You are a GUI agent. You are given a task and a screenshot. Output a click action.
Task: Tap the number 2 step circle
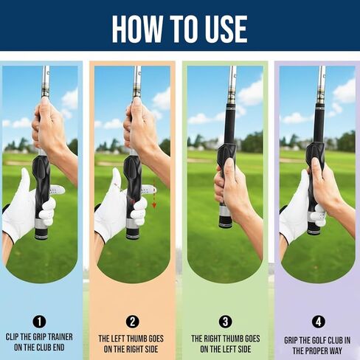(132, 322)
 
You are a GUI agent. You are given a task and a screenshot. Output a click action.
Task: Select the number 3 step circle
(224, 322)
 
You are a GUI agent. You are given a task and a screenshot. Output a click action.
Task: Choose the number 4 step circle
(317, 322)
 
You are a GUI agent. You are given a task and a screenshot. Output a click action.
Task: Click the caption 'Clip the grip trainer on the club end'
(41, 344)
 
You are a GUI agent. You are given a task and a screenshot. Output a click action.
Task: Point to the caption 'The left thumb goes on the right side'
(132, 344)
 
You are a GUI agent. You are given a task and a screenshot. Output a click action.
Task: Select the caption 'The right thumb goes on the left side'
(224, 344)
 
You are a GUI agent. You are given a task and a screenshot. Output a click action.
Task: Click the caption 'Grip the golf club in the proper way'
(317, 344)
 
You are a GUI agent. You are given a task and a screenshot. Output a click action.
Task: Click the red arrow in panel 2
(154, 200)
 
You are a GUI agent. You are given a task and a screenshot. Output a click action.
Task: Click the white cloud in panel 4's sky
(343, 92)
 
